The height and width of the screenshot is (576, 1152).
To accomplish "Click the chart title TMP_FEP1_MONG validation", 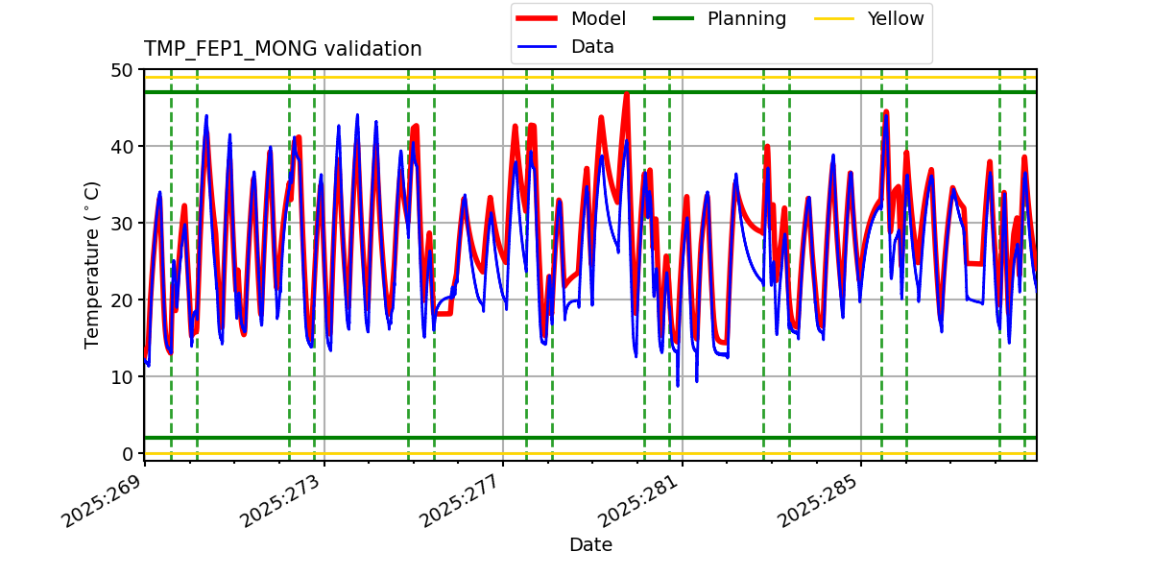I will coord(282,49).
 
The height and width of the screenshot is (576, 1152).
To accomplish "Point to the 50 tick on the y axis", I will coord(122,70).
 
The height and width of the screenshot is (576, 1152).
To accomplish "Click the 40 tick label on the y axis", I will coord(122,147).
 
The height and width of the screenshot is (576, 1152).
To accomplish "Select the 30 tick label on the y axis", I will coord(122,224).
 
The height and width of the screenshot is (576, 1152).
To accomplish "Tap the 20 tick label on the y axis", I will coord(122,300).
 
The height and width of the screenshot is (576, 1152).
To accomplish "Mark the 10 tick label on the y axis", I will coord(122,377).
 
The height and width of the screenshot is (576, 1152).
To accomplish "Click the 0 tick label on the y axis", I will coord(127,454).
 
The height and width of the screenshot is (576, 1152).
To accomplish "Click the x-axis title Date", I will coord(590,545).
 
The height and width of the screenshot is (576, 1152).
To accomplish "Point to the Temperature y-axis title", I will coord(92,264).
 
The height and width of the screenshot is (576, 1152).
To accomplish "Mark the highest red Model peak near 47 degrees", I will coord(626,94).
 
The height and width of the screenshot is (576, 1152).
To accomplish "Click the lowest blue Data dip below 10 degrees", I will coord(678,385).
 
